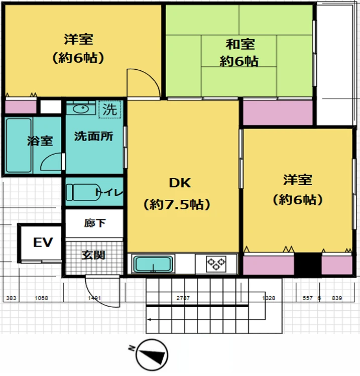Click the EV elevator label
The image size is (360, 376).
[x=43, y=243]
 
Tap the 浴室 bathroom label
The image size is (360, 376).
[x=40, y=141]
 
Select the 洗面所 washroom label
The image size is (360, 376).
[x=93, y=136]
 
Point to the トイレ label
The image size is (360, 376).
[x=109, y=192]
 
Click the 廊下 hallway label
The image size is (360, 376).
[x=95, y=223]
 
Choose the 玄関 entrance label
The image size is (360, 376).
[x=94, y=255]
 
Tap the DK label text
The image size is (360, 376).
[x=179, y=184]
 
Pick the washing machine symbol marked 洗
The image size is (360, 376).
[x=108, y=109]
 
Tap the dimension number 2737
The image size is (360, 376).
[x=183, y=298]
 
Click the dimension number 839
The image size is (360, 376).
[x=337, y=298]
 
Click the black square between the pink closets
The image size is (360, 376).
[x=307, y=264]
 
